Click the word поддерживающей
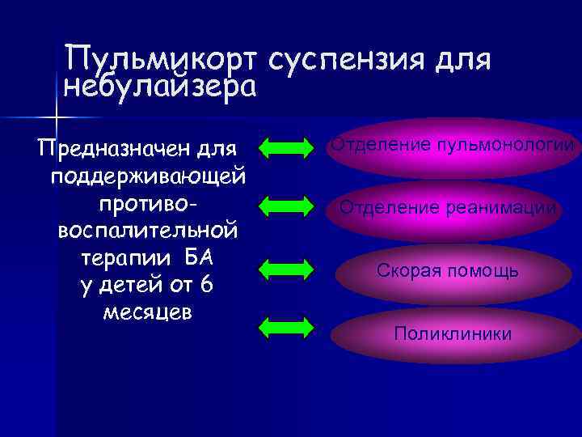(149, 176)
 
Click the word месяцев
(148, 312)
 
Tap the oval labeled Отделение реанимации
(448, 208)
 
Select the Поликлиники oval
(453, 333)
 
